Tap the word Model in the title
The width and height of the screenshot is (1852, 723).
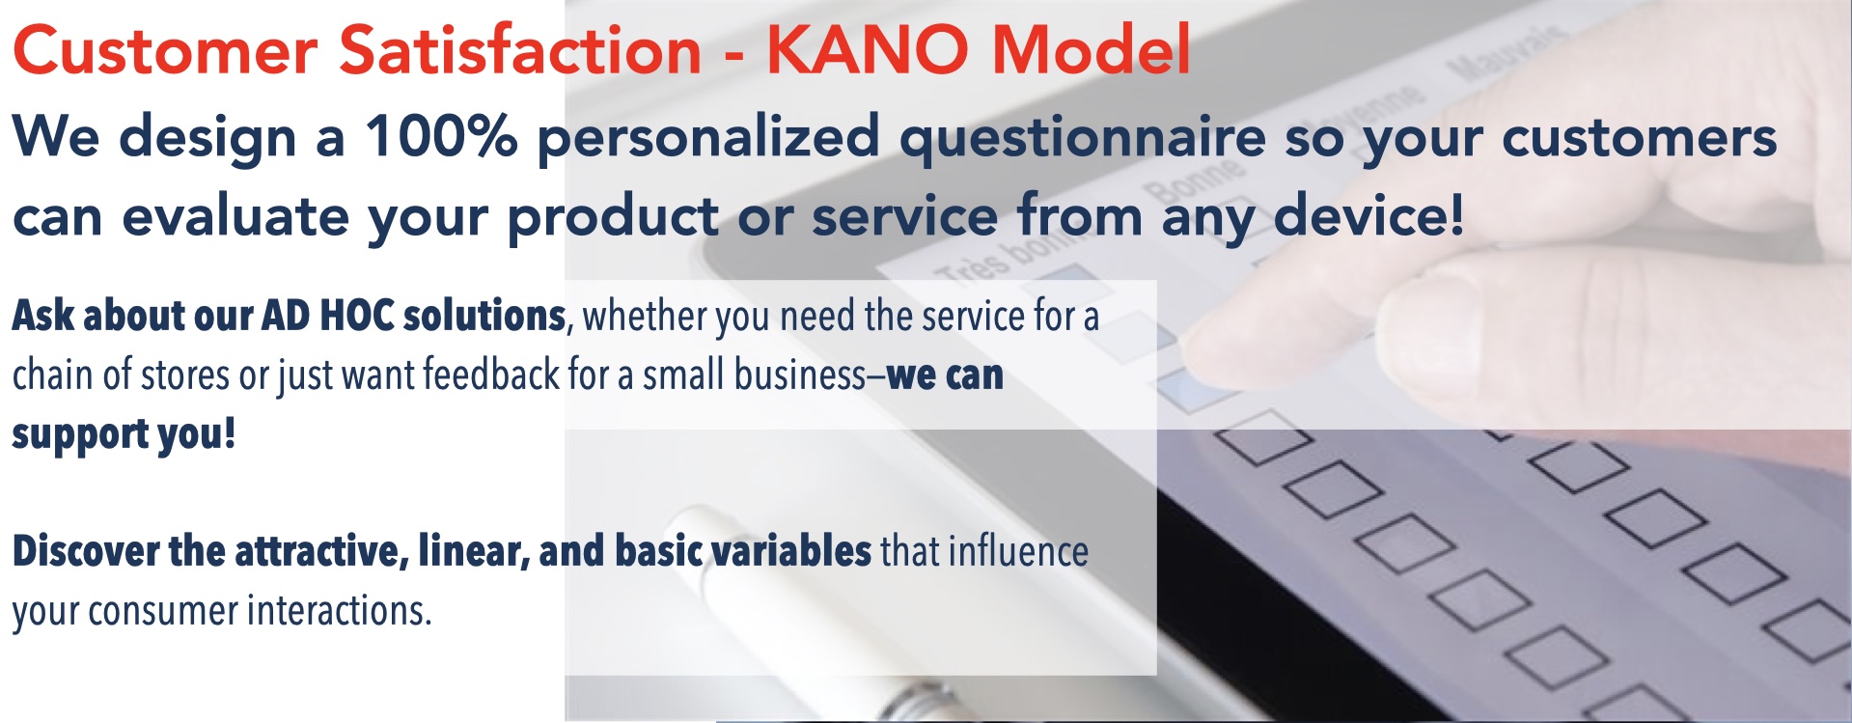tap(1092, 49)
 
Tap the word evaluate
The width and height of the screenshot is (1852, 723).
tap(235, 216)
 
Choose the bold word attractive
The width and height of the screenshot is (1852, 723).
tap(322, 552)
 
